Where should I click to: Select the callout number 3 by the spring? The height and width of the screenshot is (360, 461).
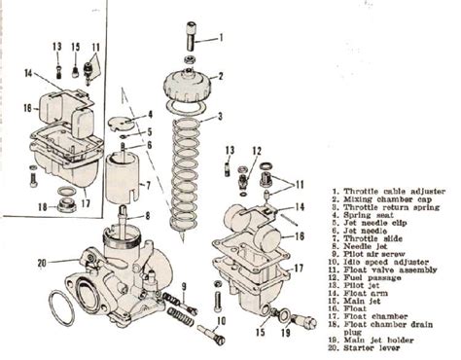(x=221, y=118)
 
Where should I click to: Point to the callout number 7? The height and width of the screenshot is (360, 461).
(x=146, y=184)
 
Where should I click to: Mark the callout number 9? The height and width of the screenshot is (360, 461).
(x=182, y=284)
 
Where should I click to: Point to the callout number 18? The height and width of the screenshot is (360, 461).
(x=41, y=206)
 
